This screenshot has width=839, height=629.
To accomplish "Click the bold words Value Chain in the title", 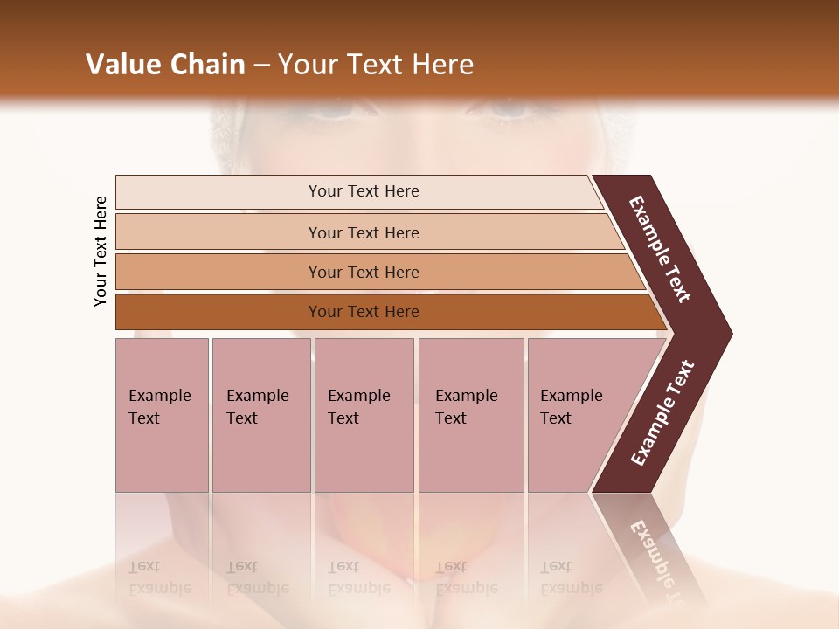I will pos(165,65).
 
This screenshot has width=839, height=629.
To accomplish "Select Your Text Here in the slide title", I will pos(376,65).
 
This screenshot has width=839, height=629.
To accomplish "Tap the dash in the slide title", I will pos(261,66).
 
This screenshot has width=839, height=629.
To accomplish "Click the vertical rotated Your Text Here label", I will pos(101,251).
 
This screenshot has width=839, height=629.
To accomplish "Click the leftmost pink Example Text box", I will pos(162,415).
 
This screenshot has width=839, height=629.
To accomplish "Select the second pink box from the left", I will pos(260,415).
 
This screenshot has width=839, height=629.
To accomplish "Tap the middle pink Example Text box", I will pos(364,415).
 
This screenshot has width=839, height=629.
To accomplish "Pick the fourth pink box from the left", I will pos(470,415).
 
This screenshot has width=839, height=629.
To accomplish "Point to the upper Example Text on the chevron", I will pos(660,249).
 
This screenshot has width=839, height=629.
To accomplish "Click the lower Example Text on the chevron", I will pos(662,412).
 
